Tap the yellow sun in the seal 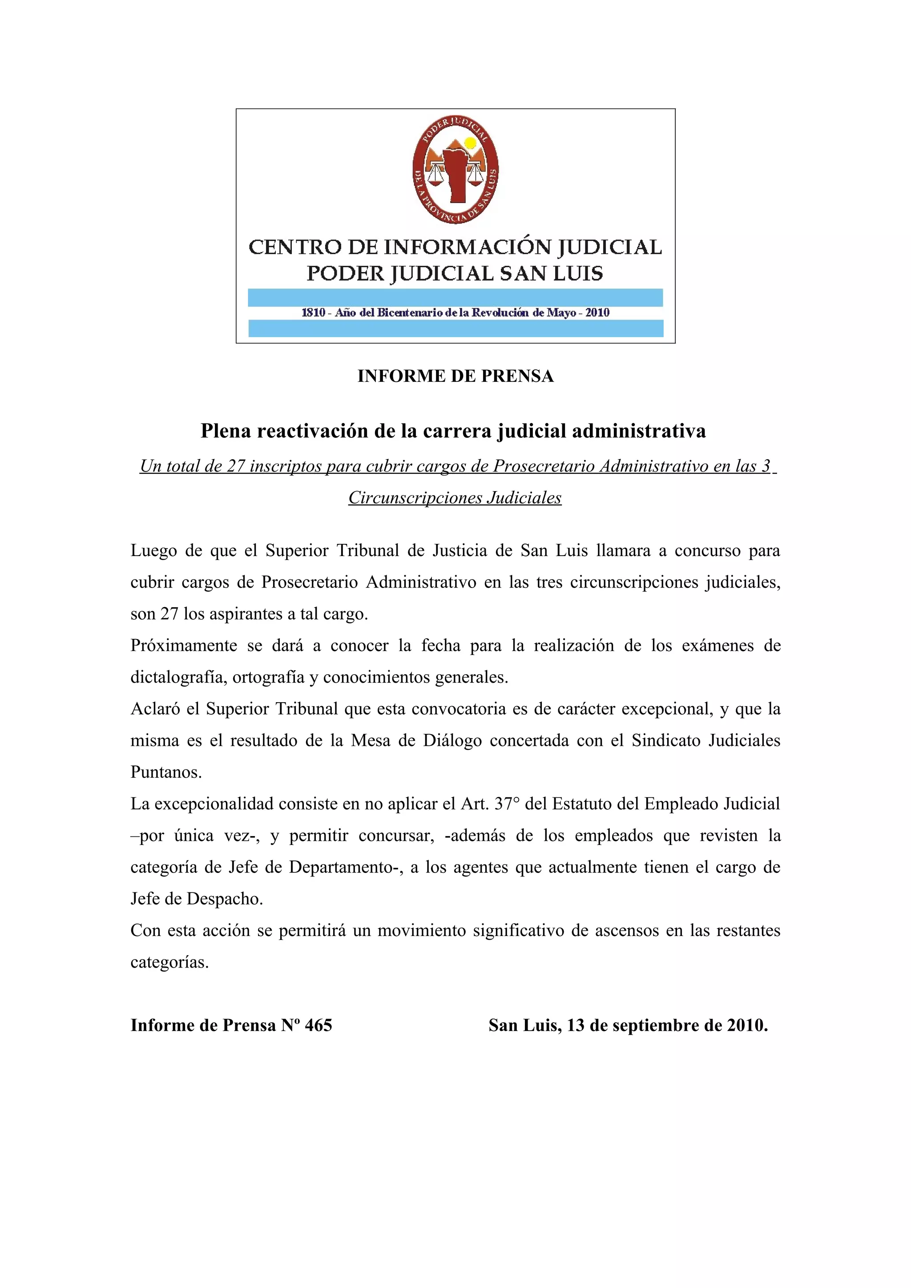pos(470,143)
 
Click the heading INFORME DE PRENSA pos(455,376)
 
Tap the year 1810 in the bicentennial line pos(313,312)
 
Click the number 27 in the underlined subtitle pos(236,466)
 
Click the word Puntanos pos(165,772)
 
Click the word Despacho pos(225,899)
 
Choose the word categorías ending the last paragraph pos(169,963)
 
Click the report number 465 pos(318,1025)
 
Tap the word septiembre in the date pos(660,1025)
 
